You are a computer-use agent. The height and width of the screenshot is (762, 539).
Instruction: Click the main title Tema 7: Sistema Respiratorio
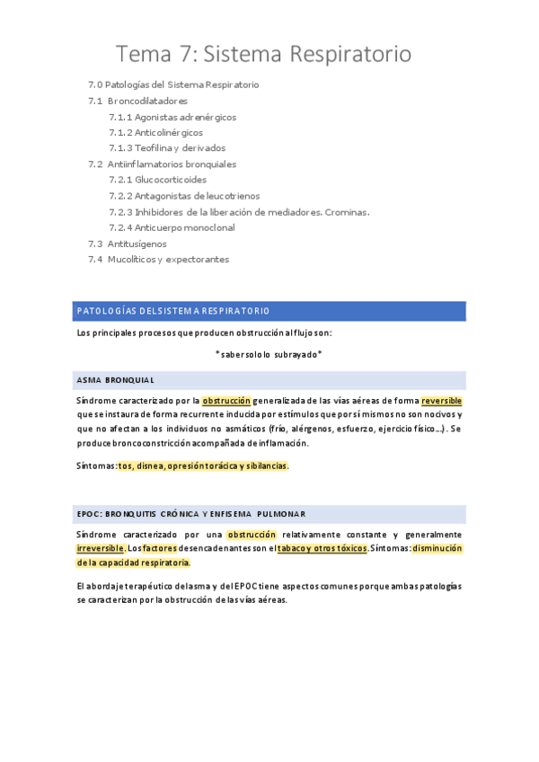[264, 55]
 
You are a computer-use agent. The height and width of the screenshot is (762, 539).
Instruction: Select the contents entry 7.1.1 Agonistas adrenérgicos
[172, 117]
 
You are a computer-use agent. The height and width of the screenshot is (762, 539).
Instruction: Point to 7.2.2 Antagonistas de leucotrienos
[184, 196]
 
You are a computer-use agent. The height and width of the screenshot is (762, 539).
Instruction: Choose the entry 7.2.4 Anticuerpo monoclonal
[172, 227]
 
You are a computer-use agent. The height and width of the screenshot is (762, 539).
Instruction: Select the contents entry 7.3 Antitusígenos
[127, 244]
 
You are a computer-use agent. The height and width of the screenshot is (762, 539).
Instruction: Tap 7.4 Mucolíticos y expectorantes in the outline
[158, 260]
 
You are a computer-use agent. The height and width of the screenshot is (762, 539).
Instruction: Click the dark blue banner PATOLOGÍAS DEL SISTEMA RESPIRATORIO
[269, 311]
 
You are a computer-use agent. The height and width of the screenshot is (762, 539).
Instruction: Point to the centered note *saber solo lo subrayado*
[269, 354]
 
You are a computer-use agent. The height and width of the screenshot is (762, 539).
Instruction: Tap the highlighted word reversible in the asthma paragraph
[441, 401]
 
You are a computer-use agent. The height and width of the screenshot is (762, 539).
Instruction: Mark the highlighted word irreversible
[101, 548]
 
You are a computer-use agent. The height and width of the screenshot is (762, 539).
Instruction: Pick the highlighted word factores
[159, 548]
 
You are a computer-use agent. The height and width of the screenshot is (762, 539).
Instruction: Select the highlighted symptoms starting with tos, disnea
[203, 466]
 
